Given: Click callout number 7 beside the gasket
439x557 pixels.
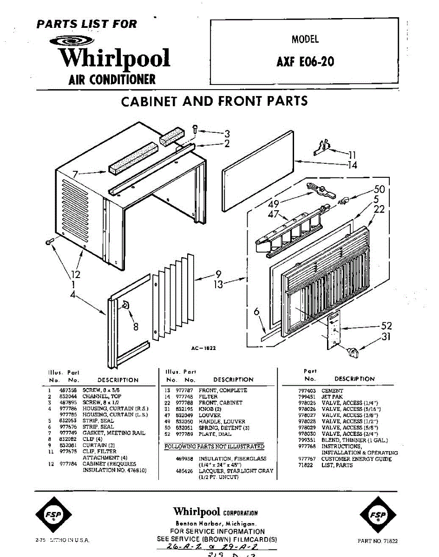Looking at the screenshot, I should tap(75, 175).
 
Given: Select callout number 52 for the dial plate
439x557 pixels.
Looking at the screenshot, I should tap(386, 326).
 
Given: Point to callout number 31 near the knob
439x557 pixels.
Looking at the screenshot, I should tap(386, 337).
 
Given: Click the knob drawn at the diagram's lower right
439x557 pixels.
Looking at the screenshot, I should tap(355, 353).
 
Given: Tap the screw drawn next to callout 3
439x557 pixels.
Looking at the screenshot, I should tap(196, 130).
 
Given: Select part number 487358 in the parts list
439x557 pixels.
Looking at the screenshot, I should tap(68, 391).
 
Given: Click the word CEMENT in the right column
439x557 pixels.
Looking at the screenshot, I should tap(332, 391).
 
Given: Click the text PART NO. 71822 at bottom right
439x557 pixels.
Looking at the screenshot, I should tap(378, 541).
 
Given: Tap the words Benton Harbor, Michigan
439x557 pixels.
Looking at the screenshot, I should tap(216, 523).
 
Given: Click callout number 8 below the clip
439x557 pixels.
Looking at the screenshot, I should tap(135, 327).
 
